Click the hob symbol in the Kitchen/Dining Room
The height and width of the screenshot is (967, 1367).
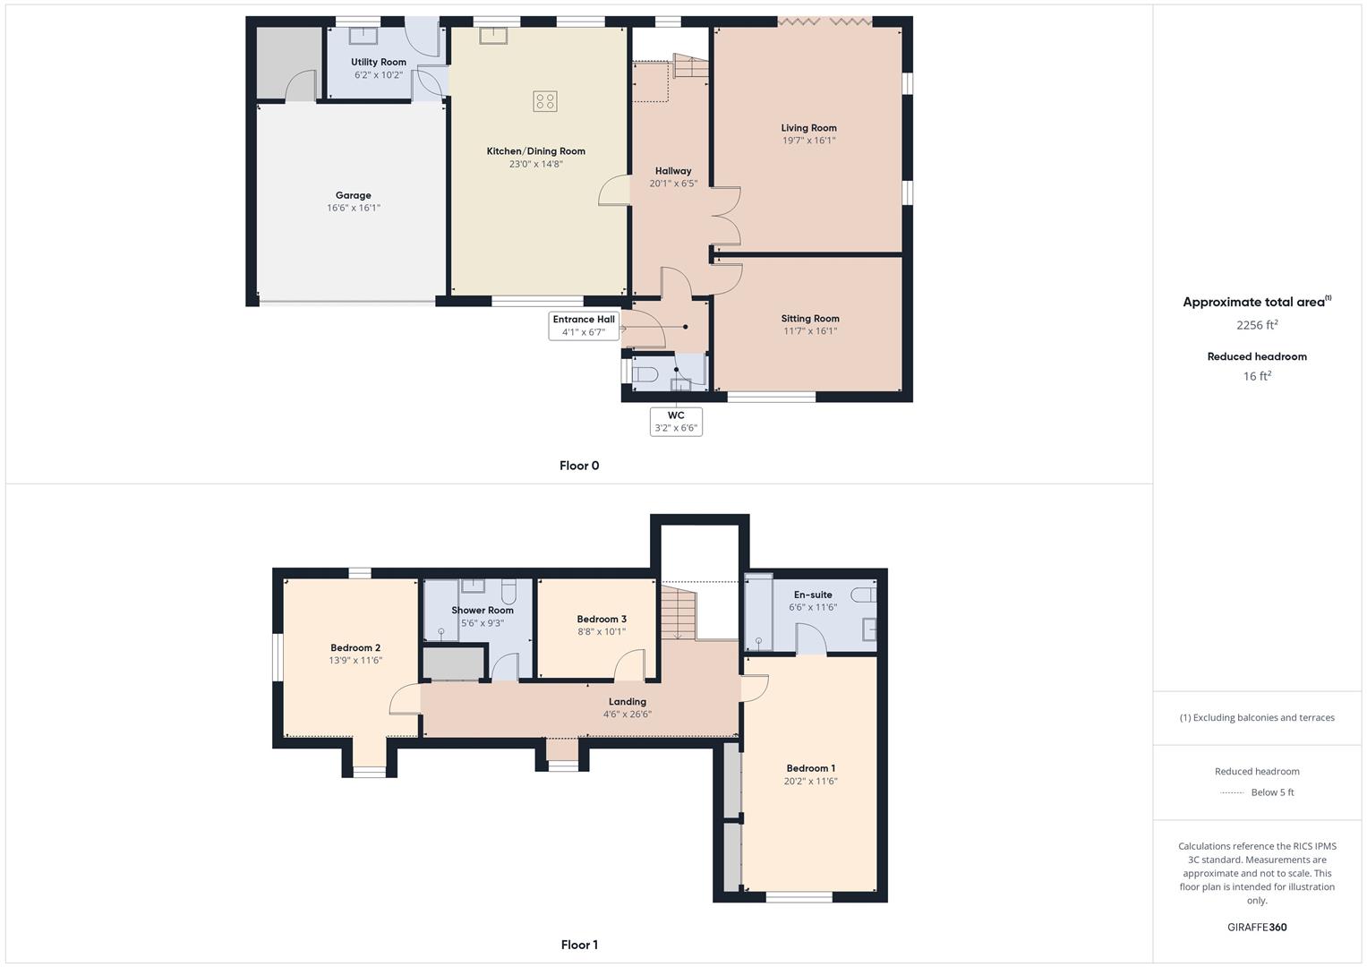pos(545,101)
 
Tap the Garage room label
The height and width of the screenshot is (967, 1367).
pos(354,195)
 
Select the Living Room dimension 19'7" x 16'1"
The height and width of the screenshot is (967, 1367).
pos(808,141)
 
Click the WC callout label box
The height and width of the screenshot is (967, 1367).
pos(676,422)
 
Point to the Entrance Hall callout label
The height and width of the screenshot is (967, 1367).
pos(584,326)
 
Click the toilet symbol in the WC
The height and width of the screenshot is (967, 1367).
pos(645,372)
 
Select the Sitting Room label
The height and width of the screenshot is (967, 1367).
pos(810,319)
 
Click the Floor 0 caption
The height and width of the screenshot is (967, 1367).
pos(579,466)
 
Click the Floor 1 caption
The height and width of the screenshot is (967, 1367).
pos(579,945)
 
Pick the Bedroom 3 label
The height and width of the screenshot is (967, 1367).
pos(602,619)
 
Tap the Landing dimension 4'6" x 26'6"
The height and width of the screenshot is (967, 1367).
pos(627,715)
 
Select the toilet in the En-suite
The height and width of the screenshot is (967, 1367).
pos(863,595)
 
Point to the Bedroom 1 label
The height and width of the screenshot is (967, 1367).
pos(810,768)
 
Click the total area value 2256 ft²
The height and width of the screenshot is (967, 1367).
pos(1257,325)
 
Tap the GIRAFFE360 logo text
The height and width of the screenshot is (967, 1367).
pos(1257,928)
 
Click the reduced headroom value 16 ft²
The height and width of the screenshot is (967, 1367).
pos(1257,376)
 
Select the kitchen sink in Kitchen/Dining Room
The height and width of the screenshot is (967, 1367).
pos(492,35)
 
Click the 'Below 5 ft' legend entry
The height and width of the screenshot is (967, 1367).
pos(1272,792)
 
